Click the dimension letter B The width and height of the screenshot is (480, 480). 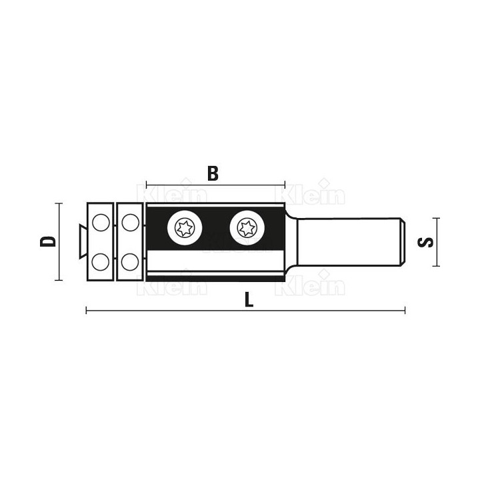(213, 173)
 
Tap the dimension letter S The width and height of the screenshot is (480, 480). (425, 242)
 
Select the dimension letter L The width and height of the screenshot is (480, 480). (249, 299)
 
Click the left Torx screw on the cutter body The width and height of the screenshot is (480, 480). (185, 227)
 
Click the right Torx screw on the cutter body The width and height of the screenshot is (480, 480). (247, 227)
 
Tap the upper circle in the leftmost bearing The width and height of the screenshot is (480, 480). (101, 223)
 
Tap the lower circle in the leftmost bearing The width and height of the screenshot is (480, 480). (101, 262)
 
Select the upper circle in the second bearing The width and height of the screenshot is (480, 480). (131, 223)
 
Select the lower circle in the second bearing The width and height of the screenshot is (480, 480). (130, 262)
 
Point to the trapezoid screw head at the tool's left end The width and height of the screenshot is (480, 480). (83, 241)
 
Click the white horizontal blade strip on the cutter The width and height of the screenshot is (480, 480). (214, 261)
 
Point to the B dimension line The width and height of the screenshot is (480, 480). (215, 185)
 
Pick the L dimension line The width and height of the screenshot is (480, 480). (245, 311)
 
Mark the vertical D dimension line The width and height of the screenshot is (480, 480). (59, 241)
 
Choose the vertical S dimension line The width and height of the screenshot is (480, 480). (436, 242)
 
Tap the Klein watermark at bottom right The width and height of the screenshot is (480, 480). (311, 283)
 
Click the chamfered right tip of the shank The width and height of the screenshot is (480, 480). (403, 242)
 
